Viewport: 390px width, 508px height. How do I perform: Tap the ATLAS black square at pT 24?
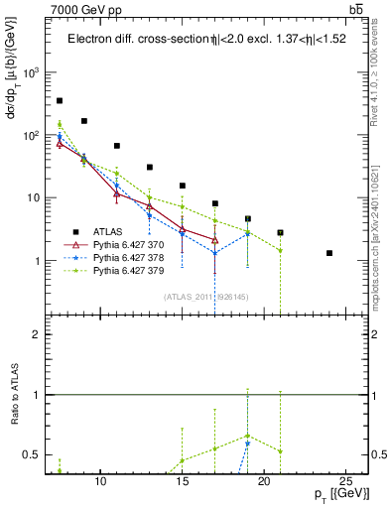[x=328, y=253]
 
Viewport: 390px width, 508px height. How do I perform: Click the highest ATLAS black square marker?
[x=60, y=101]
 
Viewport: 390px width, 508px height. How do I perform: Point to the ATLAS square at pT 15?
[x=183, y=186]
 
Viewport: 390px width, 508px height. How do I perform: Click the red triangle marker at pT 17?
[x=215, y=239]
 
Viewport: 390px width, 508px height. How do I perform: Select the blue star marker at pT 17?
[x=215, y=253]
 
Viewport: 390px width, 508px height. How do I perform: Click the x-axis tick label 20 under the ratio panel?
[x=263, y=481]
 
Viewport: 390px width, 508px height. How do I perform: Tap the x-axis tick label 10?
[x=99, y=481]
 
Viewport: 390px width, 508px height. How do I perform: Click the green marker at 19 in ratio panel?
[x=248, y=436]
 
